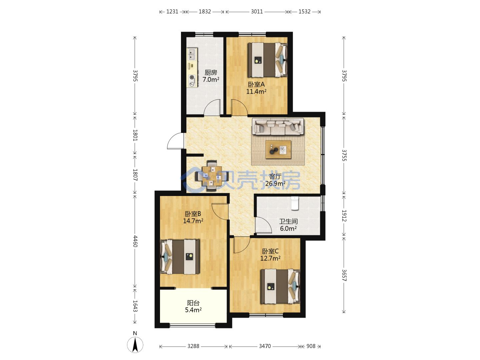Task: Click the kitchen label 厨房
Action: tap(211, 72)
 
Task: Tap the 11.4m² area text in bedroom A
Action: tap(256, 91)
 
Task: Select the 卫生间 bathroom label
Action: tap(288, 221)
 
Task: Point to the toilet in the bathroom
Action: tap(295, 203)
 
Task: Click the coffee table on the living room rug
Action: tap(278, 149)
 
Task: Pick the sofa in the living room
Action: tap(278, 127)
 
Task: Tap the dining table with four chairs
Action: tap(212, 176)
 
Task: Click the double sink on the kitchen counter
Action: tap(39, 54)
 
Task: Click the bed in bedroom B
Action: tap(180, 257)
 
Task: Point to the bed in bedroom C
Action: tap(280, 286)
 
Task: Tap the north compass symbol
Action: tap(135, 345)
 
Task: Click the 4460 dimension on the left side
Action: tap(135, 241)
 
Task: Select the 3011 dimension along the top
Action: tap(257, 12)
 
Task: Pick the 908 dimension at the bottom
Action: tap(311, 346)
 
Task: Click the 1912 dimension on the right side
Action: tap(344, 216)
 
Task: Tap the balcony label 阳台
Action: tap(193, 303)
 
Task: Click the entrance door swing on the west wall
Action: tap(176, 141)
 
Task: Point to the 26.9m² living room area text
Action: tap(275, 183)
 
